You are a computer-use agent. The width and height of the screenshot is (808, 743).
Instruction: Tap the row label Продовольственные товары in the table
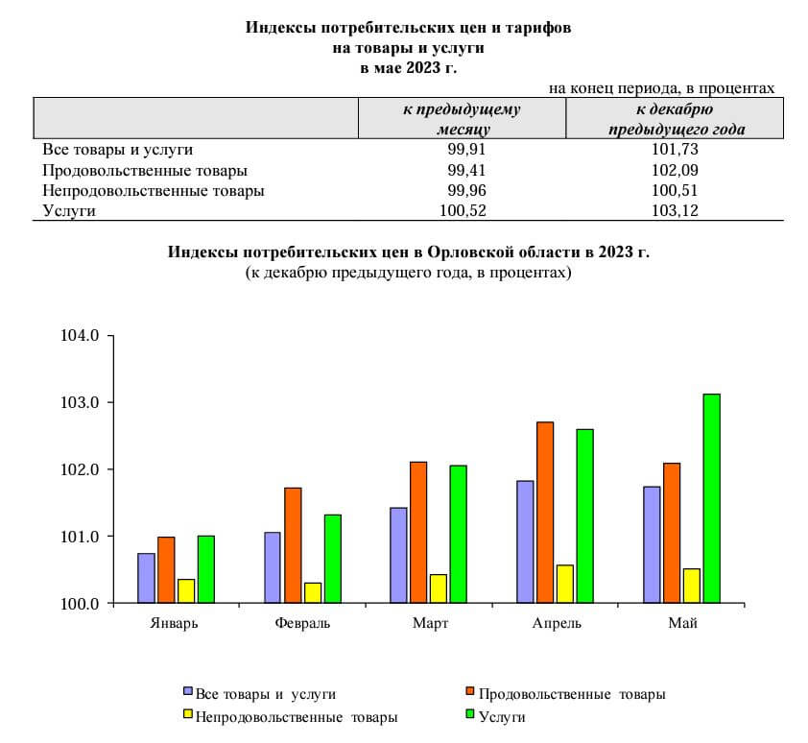145,170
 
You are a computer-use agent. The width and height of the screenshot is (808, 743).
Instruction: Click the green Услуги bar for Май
711,498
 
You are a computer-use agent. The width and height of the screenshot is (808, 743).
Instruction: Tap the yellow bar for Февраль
313,592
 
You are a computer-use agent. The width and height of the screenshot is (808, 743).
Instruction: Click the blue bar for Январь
146,578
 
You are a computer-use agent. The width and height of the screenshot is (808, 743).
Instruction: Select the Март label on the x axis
430,624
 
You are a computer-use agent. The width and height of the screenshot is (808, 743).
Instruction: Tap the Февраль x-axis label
302,624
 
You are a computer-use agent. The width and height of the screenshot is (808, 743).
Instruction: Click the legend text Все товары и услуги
265,693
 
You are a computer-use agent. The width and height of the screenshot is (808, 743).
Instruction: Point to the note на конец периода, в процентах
661,87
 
